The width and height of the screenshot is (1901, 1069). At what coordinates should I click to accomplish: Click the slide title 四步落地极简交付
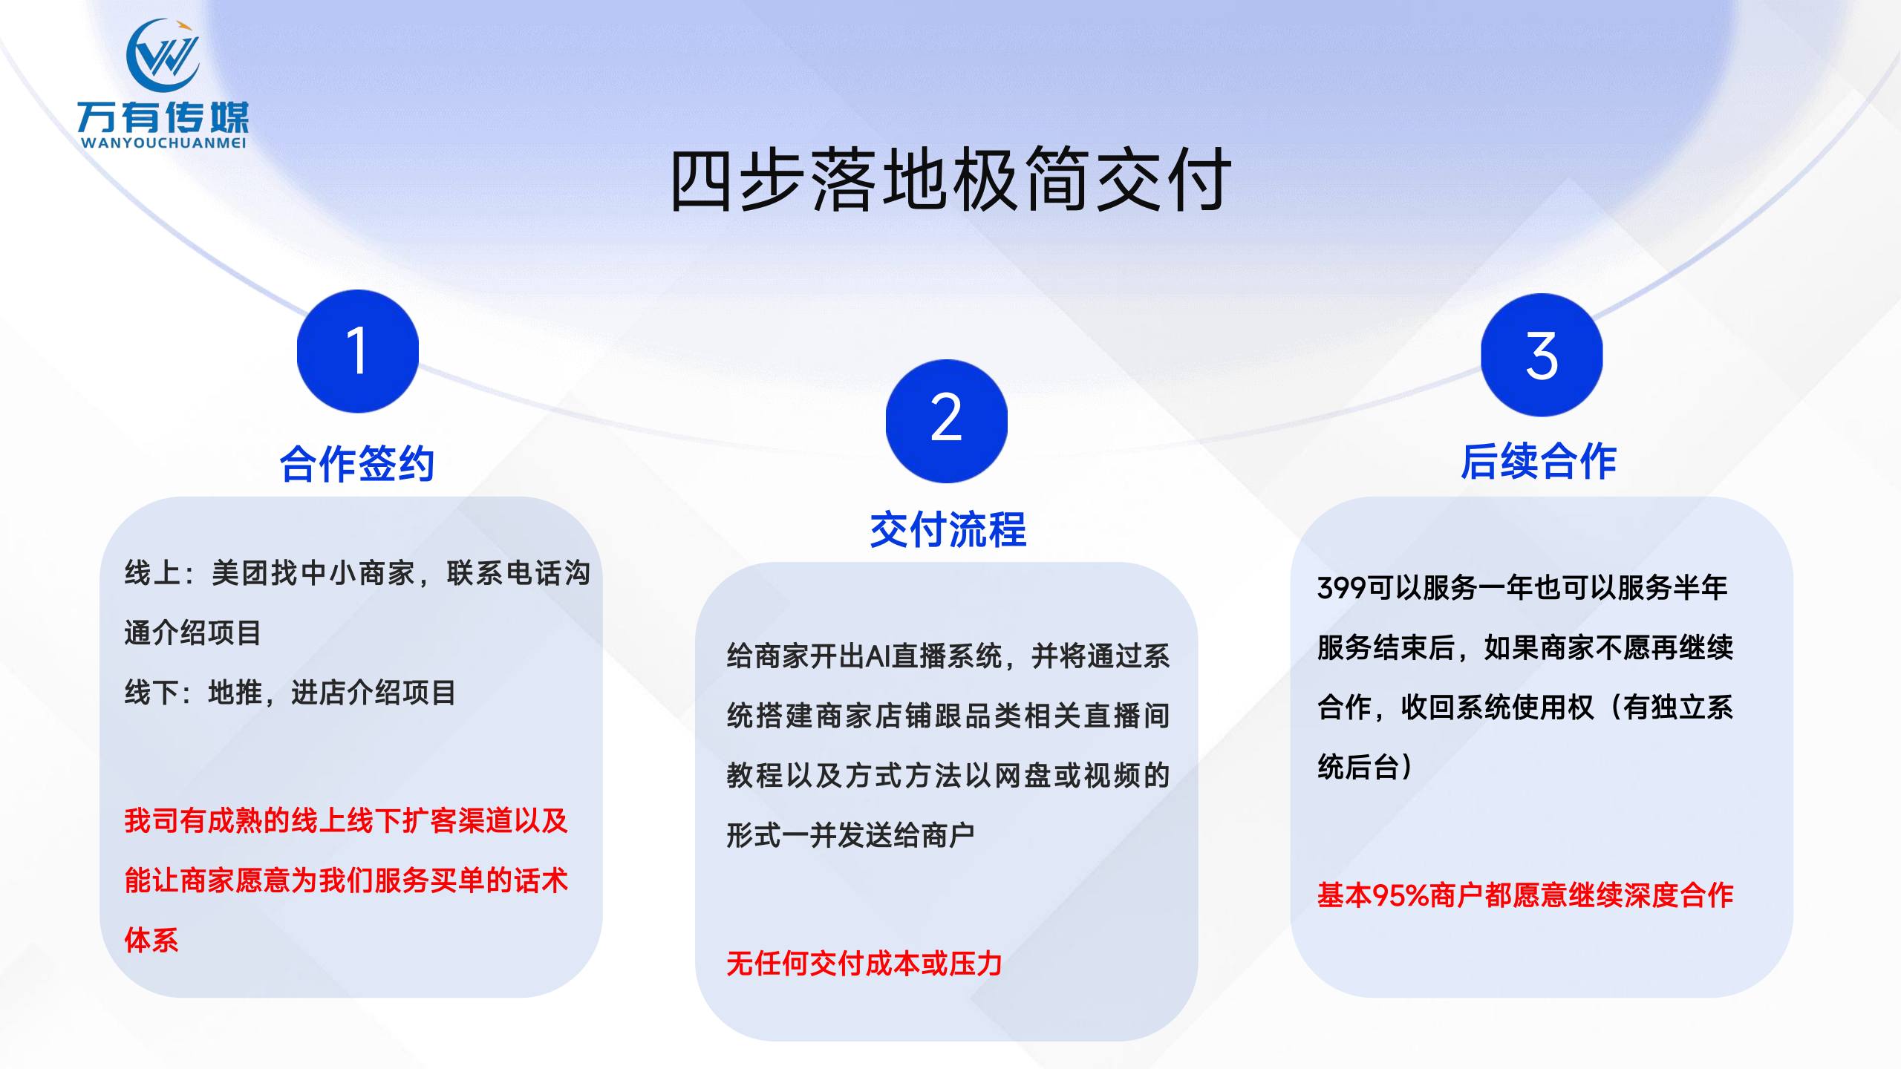[x=950, y=180]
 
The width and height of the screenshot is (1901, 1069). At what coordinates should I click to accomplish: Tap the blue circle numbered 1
[x=358, y=351]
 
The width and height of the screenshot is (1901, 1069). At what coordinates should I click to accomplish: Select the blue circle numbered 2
[x=947, y=421]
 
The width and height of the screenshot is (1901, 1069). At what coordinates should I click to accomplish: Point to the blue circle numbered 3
[x=1542, y=355]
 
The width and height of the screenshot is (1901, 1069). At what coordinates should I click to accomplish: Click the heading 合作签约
[x=357, y=464]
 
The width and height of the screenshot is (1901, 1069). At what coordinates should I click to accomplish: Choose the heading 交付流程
[x=948, y=530]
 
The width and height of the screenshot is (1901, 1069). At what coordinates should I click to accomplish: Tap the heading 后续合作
[x=1539, y=461]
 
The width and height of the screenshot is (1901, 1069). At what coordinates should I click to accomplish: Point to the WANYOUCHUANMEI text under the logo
[x=163, y=143]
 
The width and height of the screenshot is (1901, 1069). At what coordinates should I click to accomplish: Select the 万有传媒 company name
[x=163, y=117]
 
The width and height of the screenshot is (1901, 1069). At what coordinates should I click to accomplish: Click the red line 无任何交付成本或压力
[x=864, y=964]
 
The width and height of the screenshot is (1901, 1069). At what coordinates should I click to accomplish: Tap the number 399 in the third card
[x=1342, y=588]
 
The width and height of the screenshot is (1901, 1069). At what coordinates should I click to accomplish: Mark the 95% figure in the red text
[x=1401, y=895]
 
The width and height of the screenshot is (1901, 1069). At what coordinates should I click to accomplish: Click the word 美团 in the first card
[x=240, y=573]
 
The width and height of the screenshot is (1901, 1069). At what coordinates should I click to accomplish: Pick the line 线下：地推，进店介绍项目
[x=290, y=693]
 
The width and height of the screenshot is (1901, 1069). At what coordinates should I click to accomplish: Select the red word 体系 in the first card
[x=151, y=940]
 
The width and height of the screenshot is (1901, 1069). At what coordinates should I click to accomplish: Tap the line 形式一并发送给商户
[x=851, y=835]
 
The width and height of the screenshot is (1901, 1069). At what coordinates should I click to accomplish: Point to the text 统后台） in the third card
[x=1365, y=767]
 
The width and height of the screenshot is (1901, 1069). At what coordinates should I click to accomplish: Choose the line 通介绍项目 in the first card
[x=193, y=633]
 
